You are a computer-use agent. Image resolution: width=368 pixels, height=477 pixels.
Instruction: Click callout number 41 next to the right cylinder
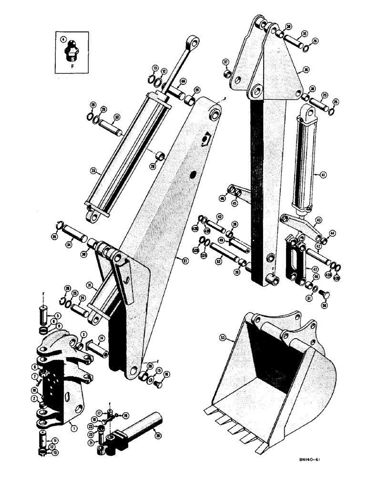(324, 175)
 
